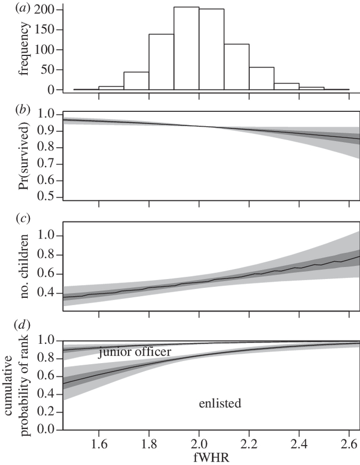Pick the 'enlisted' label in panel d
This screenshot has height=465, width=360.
220,404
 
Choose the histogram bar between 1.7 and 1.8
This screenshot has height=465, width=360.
136,81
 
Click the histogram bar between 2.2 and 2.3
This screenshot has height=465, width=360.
261,79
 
